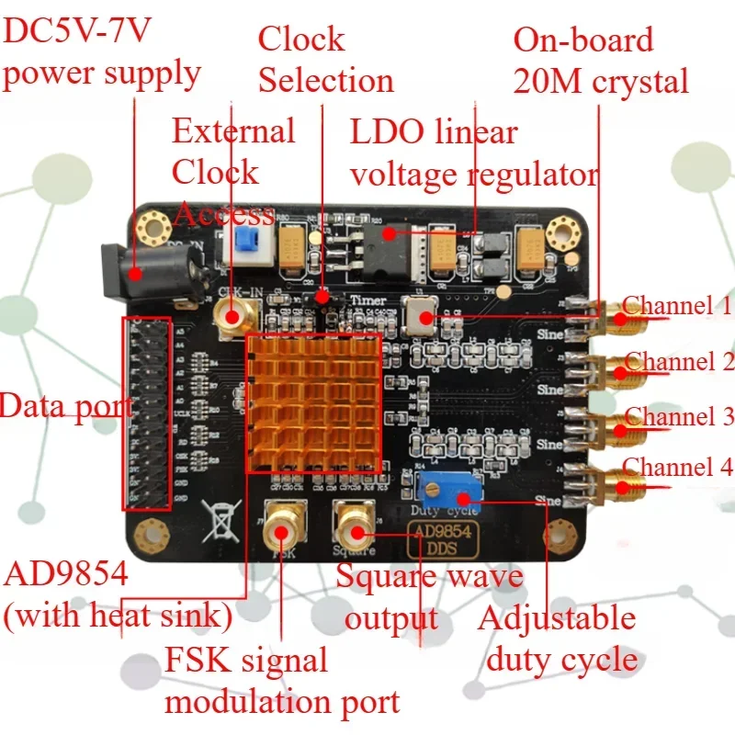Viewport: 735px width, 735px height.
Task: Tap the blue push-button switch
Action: [243, 241]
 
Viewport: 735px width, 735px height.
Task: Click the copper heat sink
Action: [313, 403]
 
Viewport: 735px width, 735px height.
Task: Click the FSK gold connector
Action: [285, 526]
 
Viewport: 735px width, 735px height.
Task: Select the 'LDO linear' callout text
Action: [434, 131]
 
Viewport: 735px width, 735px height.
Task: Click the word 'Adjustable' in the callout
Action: [557, 617]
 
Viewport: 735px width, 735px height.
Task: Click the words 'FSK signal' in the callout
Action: [245, 660]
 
